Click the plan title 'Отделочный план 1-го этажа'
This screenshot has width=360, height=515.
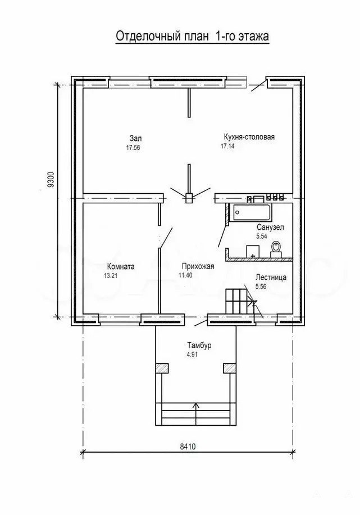coord(192,36)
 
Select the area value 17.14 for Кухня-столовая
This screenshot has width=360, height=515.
coord(227,147)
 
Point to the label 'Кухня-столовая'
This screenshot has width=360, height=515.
coord(249,137)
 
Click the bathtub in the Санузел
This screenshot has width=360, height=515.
coord(253,212)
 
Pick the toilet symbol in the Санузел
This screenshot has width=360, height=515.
coord(276,248)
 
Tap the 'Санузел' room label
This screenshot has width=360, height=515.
coord(270,227)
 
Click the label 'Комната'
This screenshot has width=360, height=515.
coord(121,266)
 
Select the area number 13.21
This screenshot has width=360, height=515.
coord(111,276)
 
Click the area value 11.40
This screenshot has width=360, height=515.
coord(185,276)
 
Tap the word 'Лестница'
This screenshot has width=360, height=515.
coord(271,277)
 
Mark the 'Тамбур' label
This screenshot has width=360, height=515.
coord(199,345)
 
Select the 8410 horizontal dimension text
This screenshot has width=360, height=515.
coord(188,446)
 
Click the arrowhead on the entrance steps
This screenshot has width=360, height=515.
coord(196,405)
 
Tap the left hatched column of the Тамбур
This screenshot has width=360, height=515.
coord(162,367)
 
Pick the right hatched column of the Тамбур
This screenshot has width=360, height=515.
coord(230,367)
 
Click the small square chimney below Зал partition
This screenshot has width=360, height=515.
coord(189,199)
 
